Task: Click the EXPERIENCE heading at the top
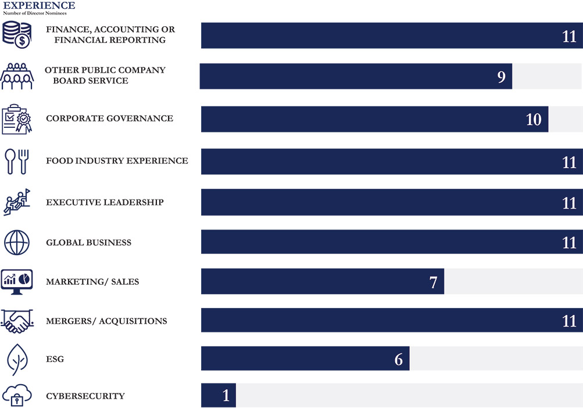pos(39,5)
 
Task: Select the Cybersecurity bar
pos(219,395)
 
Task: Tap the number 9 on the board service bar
pos(501,77)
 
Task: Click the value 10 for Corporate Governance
pos(533,119)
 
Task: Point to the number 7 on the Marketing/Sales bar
pos(433,282)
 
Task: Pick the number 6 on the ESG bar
pos(398,360)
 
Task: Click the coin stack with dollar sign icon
pos(16,34)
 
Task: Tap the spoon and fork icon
pos(16,161)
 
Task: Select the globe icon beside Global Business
pos(16,242)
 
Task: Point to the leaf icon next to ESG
pos(16,359)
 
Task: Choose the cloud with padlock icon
pos(16,396)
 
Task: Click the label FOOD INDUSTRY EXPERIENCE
pos(117,160)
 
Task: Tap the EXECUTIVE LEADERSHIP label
pos(105,202)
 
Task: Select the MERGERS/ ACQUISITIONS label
pos(106,321)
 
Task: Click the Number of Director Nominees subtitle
pos(35,13)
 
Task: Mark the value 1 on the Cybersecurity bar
pos(226,396)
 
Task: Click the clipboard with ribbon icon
pos(16,119)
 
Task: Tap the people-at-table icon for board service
pos(17,76)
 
